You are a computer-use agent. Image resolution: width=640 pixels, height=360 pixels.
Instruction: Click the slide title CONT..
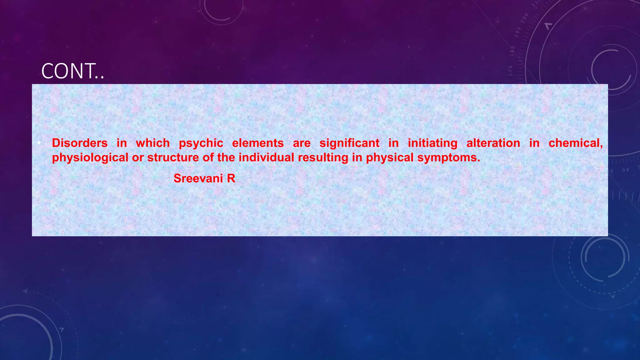click(x=72, y=71)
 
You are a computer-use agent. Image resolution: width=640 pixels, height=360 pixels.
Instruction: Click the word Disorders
click(x=80, y=143)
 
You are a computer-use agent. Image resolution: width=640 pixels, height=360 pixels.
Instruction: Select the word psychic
click(x=201, y=143)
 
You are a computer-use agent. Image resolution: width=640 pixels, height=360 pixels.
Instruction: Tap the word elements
click(x=258, y=143)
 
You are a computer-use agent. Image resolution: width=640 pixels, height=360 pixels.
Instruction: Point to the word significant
click(x=349, y=143)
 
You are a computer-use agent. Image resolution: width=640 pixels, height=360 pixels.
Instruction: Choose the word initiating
click(x=432, y=143)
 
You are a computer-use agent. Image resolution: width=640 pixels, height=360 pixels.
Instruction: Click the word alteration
click(x=493, y=143)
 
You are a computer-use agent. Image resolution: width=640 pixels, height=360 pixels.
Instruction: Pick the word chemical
click(x=576, y=143)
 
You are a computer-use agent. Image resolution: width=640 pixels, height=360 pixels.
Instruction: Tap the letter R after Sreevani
click(x=231, y=178)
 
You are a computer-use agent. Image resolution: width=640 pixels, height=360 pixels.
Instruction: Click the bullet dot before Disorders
click(x=39, y=143)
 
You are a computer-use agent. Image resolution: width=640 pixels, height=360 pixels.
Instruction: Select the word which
click(x=153, y=143)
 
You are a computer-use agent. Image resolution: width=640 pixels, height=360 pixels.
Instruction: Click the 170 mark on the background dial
click(x=511, y=71)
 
